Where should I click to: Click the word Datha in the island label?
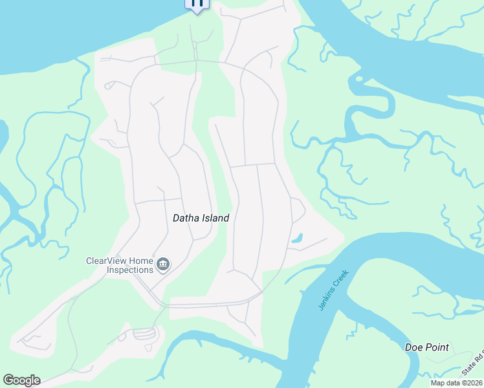coord(186,218)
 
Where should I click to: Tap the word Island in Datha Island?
coord(215,218)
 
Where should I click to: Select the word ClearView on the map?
coord(109,261)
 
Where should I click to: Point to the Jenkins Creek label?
coord(333,290)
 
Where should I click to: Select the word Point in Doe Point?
coord(436,347)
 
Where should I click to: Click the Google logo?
coord(21,380)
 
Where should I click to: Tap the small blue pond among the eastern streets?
coord(297,239)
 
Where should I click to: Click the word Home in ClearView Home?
coord(144,261)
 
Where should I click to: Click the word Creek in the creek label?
coord(341,278)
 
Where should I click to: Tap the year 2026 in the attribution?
coord(473,383)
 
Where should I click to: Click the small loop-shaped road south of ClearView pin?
coord(143,334)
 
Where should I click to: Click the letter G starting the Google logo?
coord(8,380)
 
